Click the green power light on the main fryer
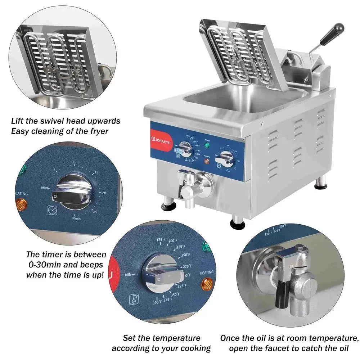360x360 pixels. click(207, 145)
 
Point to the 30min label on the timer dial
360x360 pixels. click(76, 218)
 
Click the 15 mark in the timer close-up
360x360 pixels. click(96, 172)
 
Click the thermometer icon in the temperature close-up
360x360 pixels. click(134, 299)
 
